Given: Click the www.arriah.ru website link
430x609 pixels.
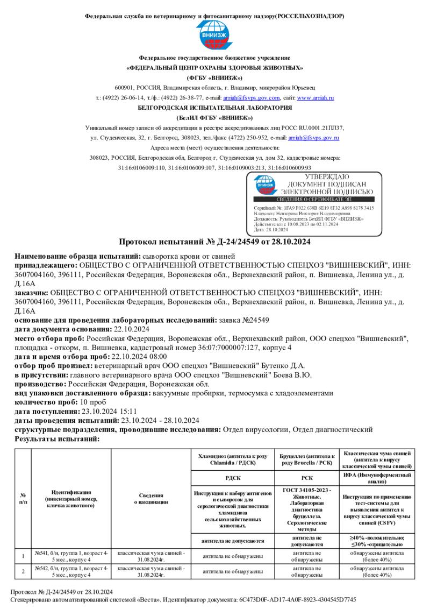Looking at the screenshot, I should pos(316,98).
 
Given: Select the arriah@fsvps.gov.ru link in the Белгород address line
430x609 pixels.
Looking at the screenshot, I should pos(313,138).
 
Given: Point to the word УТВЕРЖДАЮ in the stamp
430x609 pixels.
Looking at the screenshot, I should pos(327,176).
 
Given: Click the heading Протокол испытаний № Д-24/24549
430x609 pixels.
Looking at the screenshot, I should pos(214,242).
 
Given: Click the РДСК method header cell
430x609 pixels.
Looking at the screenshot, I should pos(233,477).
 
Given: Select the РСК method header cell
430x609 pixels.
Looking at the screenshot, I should pos(307,477).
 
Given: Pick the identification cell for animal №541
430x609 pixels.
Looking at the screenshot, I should pos(71,556).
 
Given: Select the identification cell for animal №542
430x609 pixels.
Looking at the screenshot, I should pos(71,571).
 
